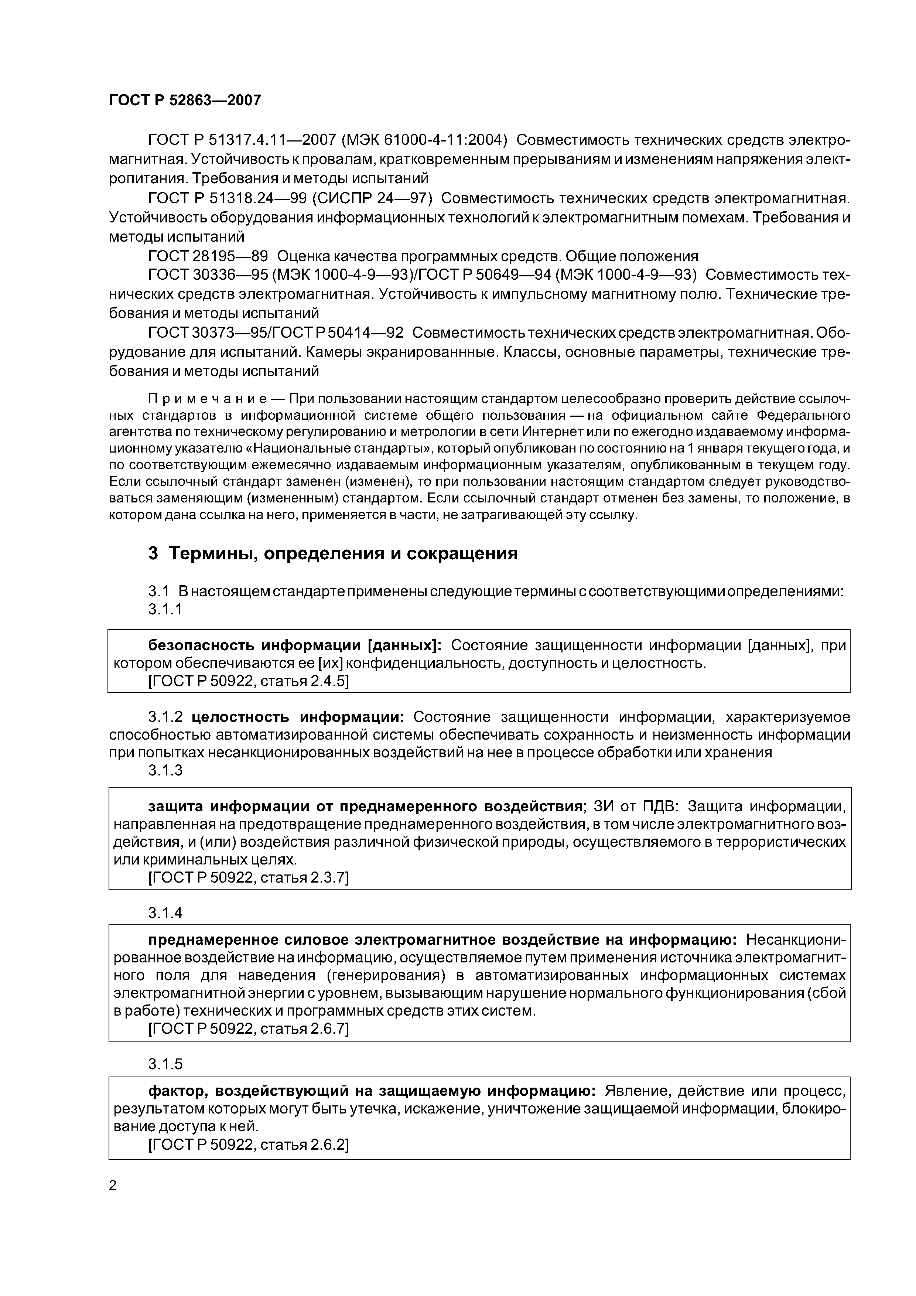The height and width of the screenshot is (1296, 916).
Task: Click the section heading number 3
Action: tap(153, 553)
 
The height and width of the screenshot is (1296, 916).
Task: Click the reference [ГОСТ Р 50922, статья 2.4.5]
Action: tap(248, 681)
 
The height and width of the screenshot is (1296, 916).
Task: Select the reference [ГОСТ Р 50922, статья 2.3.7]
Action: tap(248, 878)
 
